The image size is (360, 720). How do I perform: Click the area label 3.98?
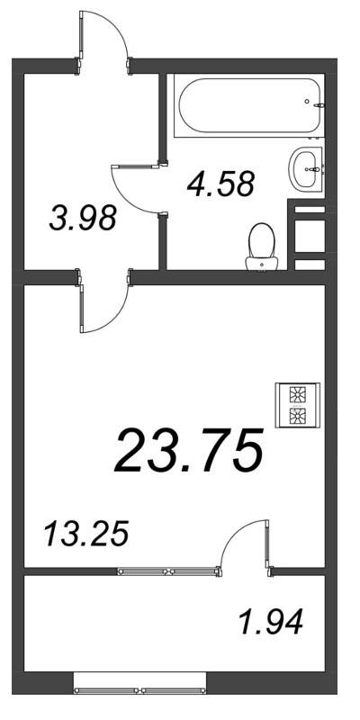pyautogui.click(x=83, y=219)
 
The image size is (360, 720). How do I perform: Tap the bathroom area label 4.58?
pyautogui.click(x=220, y=184)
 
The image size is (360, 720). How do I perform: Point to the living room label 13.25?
pyautogui.click(x=85, y=534)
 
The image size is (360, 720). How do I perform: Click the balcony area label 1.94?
pyautogui.click(x=271, y=622)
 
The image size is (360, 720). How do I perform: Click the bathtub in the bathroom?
pyautogui.click(x=248, y=105)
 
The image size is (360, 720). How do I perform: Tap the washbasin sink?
pyautogui.click(x=306, y=169)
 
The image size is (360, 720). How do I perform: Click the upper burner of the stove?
pyautogui.click(x=298, y=394)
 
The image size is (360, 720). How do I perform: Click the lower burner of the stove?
pyautogui.click(x=298, y=416)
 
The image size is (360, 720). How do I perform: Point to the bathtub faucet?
pyautogui.click(x=319, y=105)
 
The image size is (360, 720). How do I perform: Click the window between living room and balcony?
pyautogui.click(x=168, y=571)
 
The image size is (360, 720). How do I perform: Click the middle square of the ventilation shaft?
pyautogui.click(x=310, y=236)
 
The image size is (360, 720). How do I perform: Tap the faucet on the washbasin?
pyautogui.click(x=315, y=169)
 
